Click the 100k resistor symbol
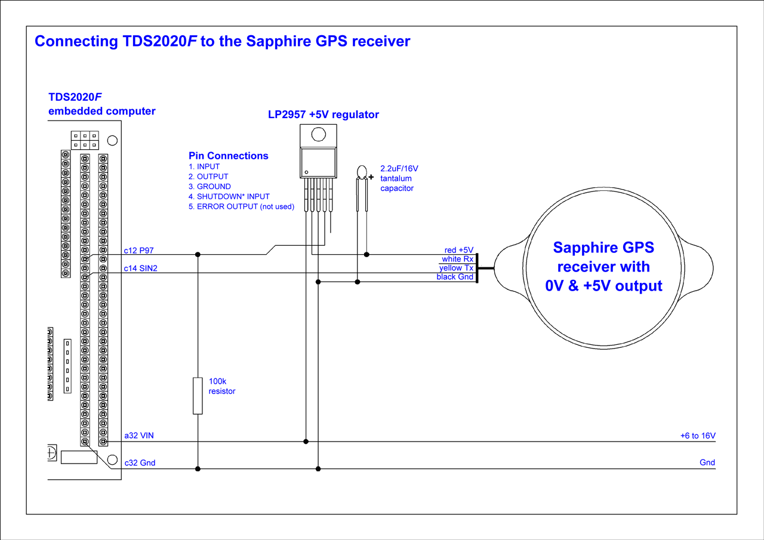(198, 396)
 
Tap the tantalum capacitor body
(361, 173)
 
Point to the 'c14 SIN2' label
(141, 269)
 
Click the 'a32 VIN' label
(139, 436)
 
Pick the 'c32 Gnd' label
(140, 462)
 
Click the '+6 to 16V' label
(698, 436)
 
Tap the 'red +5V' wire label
(458, 250)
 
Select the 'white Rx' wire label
(457, 259)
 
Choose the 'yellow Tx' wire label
(456, 268)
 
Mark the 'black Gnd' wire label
(455, 277)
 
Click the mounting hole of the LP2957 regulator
(318, 133)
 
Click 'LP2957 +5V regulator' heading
(324, 115)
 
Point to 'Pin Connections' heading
(229, 156)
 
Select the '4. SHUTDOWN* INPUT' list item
(229, 196)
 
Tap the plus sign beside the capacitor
(371, 177)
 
